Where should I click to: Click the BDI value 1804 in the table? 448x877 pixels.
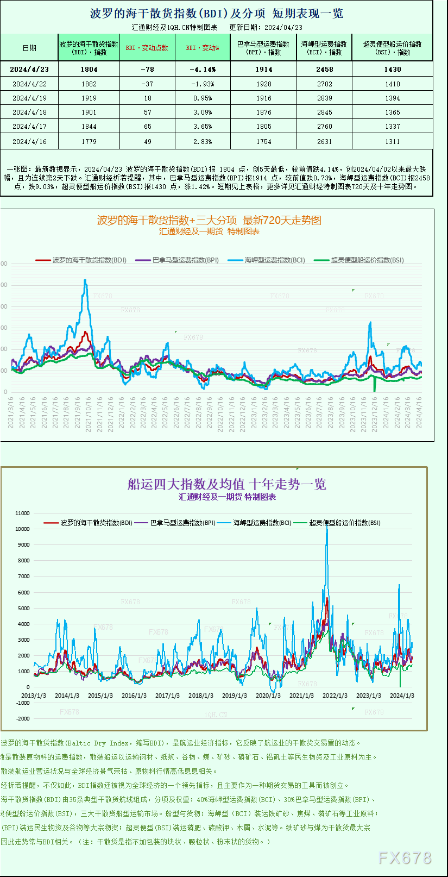(x=89, y=69)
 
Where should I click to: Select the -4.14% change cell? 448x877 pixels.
(x=203, y=69)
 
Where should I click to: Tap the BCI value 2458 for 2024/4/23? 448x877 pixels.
(x=324, y=69)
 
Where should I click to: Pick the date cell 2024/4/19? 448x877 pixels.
(x=29, y=98)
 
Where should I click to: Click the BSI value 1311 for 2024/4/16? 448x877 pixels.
(x=392, y=141)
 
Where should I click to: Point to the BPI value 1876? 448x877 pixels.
(x=263, y=112)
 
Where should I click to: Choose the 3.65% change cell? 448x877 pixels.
(x=203, y=127)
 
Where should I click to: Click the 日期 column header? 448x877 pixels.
(x=29, y=48)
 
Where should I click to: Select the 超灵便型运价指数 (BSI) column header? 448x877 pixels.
(x=392, y=48)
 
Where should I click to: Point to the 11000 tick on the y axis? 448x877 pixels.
(x=23, y=513)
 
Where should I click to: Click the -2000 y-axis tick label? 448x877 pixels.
(x=23, y=718)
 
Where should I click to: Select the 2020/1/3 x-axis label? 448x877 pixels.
(x=268, y=696)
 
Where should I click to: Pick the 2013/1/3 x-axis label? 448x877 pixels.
(x=34, y=696)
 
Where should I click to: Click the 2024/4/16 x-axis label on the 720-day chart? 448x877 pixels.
(x=419, y=412)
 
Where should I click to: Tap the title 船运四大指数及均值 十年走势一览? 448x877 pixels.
(x=226, y=484)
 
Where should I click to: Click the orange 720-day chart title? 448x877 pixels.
(x=209, y=220)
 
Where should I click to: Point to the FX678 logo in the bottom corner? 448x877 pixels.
(x=405, y=858)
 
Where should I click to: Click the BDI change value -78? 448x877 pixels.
(x=147, y=69)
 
